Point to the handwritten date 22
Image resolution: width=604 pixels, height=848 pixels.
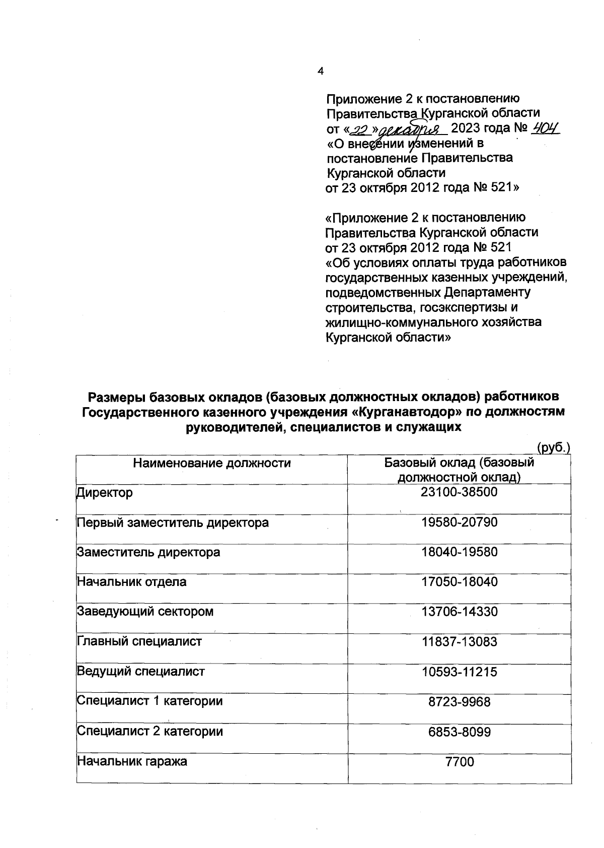point(359,130)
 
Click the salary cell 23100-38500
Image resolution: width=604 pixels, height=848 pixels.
point(459,492)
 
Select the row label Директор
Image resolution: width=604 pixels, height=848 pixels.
point(105,492)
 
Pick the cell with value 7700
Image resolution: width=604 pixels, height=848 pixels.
point(460,761)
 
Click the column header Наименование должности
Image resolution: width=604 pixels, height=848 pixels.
point(212,463)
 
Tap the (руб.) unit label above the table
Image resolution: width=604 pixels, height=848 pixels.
point(553,447)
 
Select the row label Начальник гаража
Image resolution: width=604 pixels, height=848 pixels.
point(132,761)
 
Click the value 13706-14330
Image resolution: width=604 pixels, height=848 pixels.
point(459,612)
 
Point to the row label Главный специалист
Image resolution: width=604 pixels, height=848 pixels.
point(139,641)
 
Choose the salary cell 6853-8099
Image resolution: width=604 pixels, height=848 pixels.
point(459,731)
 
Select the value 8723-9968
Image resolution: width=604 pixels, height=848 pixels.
point(459,701)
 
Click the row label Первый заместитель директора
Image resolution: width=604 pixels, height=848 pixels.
point(173,523)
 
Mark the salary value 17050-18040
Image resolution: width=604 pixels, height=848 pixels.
point(459,582)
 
